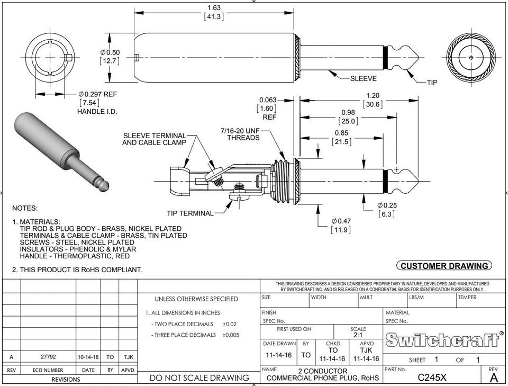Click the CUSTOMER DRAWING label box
443,266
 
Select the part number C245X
432,377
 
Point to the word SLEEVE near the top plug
364,78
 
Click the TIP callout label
432,82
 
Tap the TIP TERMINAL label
190,213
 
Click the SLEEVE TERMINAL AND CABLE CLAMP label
154,139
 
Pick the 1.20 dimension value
373,96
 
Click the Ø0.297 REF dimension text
97,94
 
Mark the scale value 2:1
358,335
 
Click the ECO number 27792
48,357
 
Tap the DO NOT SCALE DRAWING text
199,378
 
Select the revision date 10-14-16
88,357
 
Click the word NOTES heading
25,209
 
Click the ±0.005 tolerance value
230,335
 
